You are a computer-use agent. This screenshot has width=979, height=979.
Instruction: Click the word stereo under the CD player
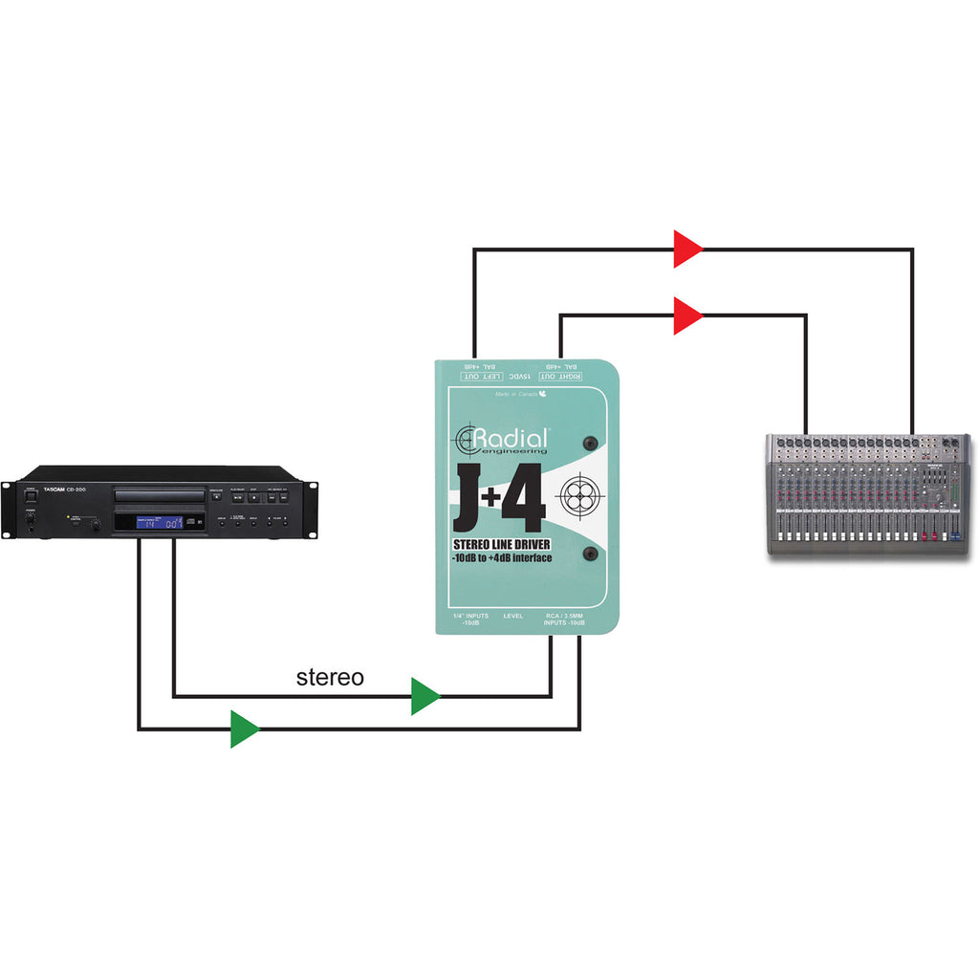330,678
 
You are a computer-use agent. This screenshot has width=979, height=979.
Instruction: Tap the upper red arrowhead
687,249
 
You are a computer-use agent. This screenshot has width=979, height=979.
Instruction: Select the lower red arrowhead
687,315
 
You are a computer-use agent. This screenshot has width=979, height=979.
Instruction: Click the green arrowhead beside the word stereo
424,696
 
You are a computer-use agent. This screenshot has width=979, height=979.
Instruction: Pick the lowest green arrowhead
245,729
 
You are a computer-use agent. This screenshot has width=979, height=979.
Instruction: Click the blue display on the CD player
160,522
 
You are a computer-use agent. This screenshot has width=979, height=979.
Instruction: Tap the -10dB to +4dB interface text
503,558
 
